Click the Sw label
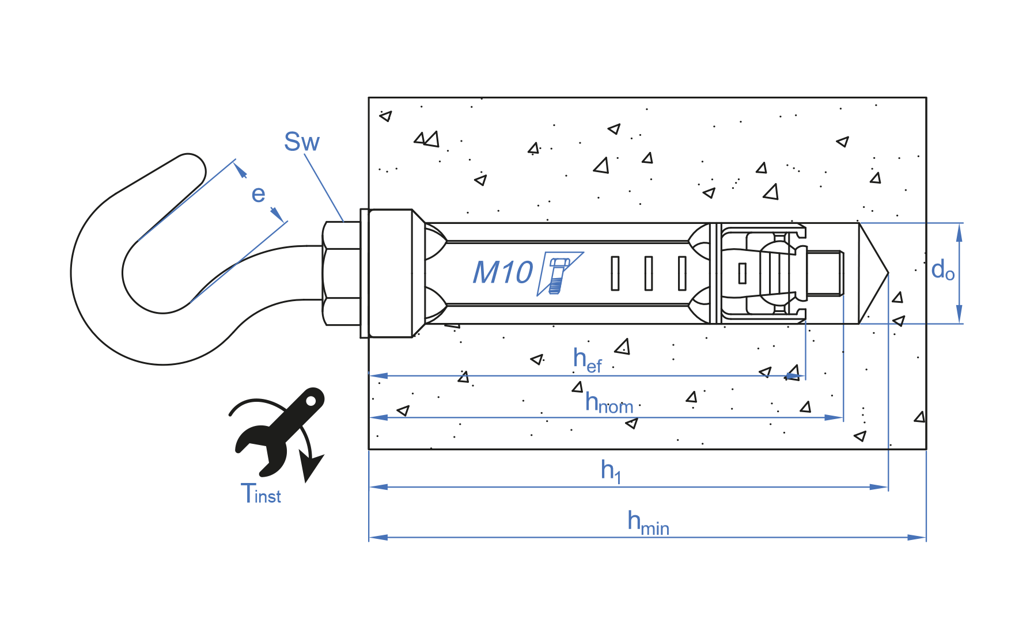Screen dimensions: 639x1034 301,142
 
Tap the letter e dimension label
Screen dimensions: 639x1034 258,195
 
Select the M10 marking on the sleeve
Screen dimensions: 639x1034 502,272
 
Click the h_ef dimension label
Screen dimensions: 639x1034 587,360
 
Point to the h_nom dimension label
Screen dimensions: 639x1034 608,403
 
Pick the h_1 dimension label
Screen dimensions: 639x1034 611,471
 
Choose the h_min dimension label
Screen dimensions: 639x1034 648,523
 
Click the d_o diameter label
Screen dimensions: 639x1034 942,270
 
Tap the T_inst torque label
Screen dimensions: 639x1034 260,494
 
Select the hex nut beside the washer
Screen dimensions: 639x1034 342,273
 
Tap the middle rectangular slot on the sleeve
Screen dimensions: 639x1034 649,273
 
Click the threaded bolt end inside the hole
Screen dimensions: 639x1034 825,273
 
